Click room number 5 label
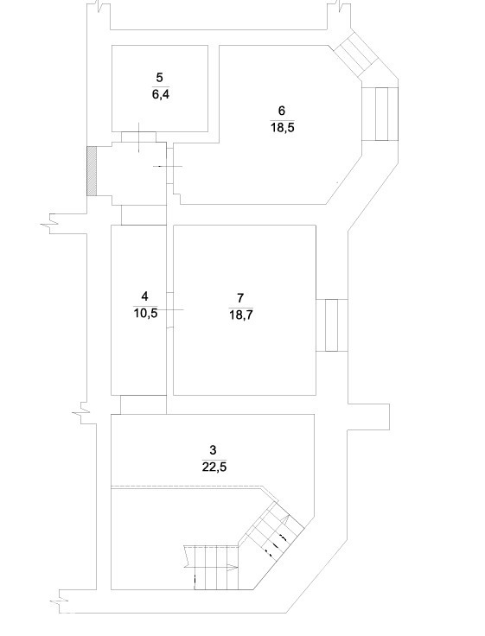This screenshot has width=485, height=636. click(159, 77)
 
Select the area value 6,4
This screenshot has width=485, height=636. click(160, 95)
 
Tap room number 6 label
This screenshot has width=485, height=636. click(282, 111)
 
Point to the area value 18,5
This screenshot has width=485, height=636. click(283, 128)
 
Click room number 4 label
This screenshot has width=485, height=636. click(145, 296)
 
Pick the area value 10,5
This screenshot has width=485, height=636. click(145, 314)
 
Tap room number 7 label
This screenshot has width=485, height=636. click(240, 298)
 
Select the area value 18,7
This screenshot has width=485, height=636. click(241, 315)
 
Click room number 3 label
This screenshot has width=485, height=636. click(213, 450)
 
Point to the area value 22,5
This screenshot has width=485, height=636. click(214, 467)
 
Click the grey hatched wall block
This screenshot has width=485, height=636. click(92, 171)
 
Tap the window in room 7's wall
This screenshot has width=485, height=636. click(332, 325)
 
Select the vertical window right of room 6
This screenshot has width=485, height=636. click(380, 114)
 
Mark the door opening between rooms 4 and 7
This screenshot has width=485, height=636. click(170, 310)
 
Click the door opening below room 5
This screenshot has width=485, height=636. click(139, 137)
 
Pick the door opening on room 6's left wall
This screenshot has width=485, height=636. click(170, 166)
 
